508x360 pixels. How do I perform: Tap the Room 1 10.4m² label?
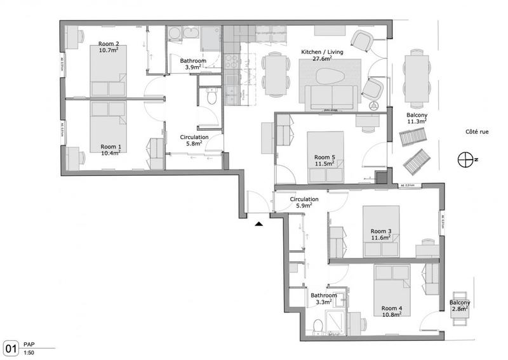click(111, 150)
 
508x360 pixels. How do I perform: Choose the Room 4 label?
click(392, 311)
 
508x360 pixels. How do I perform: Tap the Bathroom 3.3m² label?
click(323, 299)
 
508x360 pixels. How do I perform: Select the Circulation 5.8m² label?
click(191, 140)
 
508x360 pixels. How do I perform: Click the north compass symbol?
click(467, 159)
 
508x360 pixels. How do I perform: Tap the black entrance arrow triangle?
click(258, 223)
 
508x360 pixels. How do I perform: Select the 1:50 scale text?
click(28, 352)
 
